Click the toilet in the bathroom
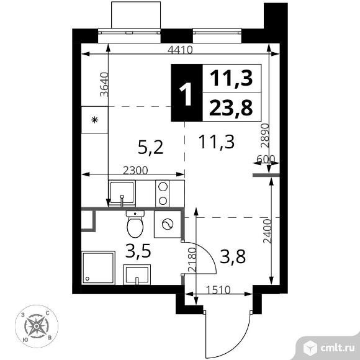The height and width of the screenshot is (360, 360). (135, 224)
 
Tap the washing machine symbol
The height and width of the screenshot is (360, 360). (168, 224)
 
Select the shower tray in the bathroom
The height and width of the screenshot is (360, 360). (98, 268)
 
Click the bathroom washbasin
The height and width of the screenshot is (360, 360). (137, 274)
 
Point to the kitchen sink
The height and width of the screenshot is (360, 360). (122, 193)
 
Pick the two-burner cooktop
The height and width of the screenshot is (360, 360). (163, 194)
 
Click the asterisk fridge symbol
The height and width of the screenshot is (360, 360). (94, 120)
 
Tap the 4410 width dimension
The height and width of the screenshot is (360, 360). (180, 50)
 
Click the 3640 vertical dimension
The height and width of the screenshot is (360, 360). (104, 84)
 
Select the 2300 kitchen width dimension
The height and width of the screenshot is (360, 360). (135, 170)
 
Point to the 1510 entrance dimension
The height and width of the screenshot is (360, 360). (218, 290)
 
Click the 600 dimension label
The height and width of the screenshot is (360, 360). (266, 159)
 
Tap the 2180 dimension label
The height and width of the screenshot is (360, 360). (192, 259)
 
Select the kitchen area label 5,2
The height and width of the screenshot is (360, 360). (151, 147)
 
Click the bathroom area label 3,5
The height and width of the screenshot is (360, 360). (138, 251)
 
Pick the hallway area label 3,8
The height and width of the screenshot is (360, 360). (233, 256)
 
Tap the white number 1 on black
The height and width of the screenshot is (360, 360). (186, 94)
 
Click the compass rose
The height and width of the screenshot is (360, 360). (37, 326)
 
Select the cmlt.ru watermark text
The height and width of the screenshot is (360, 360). (337, 348)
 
